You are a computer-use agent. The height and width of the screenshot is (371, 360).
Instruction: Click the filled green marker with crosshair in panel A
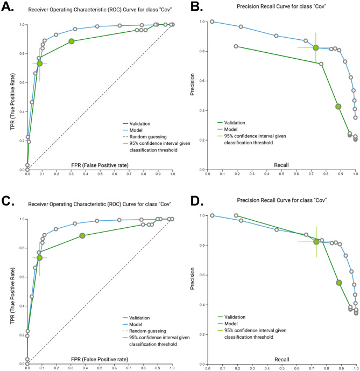[x=40, y=64]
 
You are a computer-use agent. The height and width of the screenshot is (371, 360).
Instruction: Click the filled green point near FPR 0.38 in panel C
[x=82, y=236]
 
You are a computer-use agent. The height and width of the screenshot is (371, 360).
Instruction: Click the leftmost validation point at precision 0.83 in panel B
[x=236, y=46]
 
